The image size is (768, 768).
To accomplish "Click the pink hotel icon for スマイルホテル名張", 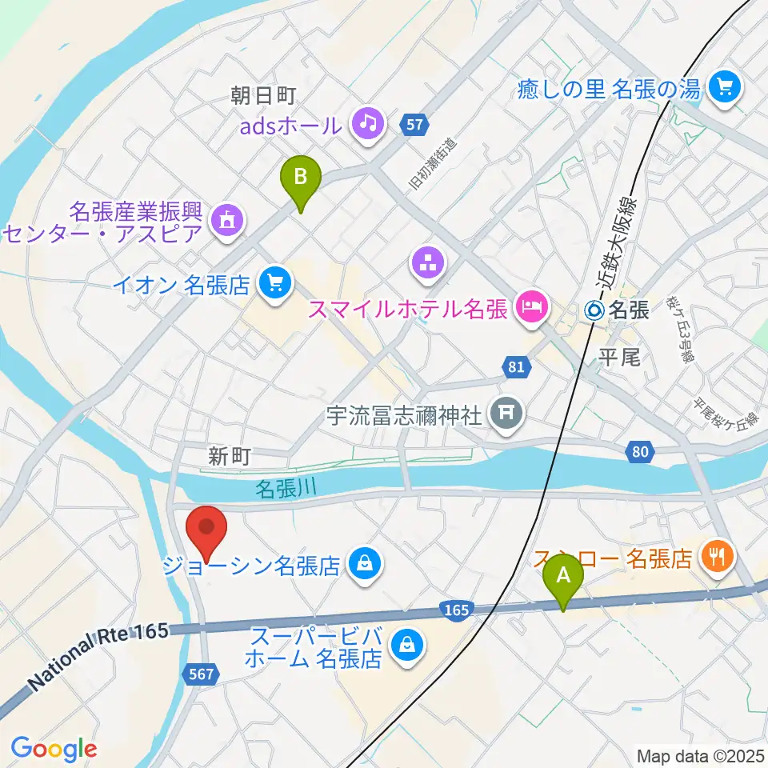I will point(531,305).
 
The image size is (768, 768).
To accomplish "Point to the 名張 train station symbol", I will point(596,310).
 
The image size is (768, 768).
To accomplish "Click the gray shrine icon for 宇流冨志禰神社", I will point(506,414).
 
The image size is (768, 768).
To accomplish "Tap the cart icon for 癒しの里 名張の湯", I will point(726,86).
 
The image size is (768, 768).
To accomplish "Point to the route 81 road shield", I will point(516,367).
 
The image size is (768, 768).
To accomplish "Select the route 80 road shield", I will point(638,453).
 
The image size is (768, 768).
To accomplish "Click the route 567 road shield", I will point(202,674).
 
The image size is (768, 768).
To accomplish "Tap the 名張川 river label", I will point(286,489).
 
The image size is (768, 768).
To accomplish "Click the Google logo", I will point(53,749).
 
